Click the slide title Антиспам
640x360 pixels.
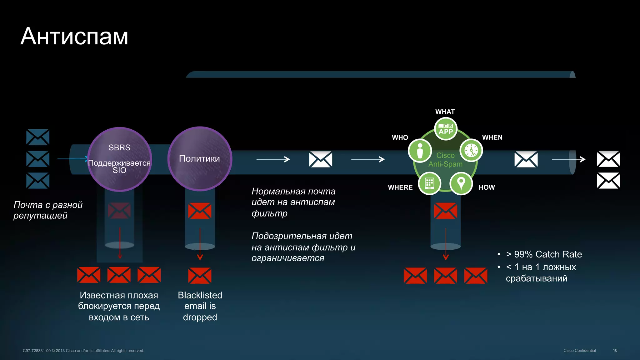pyautogui.click(x=74, y=36)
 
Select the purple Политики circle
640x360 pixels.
pyautogui.click(x=199, y=158)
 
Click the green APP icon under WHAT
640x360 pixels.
pyautogui.click(x=446, y=129)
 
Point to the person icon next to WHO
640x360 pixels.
pyautogui.click(x=420, y=151)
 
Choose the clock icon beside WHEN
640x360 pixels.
pyautogui.click(x=471, y=150)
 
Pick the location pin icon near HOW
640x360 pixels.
pyautogui.click(x=461, y=183)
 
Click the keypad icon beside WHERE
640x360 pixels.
pyautogui.click(x=429, y=183)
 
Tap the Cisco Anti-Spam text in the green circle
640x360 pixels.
pyautogui.click(x=445, y=160)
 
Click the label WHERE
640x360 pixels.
pyautogui.click(x=400, y=187)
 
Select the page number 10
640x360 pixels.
pyautogui.click(x=615, y=350)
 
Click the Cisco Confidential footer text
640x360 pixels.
pyautogui.click(x=579, y=351)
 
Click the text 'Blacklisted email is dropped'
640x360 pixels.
pyautogui.click(x=200, y=306)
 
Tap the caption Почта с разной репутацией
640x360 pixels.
pyautogui.click(x=48, y=210)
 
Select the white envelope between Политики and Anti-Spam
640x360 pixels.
pyautogui.click(x=320, y=159)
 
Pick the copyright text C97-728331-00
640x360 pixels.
pyautogui.click(x=83, y=351)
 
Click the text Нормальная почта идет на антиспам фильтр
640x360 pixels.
pyautogui.click(x=293, y=202)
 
